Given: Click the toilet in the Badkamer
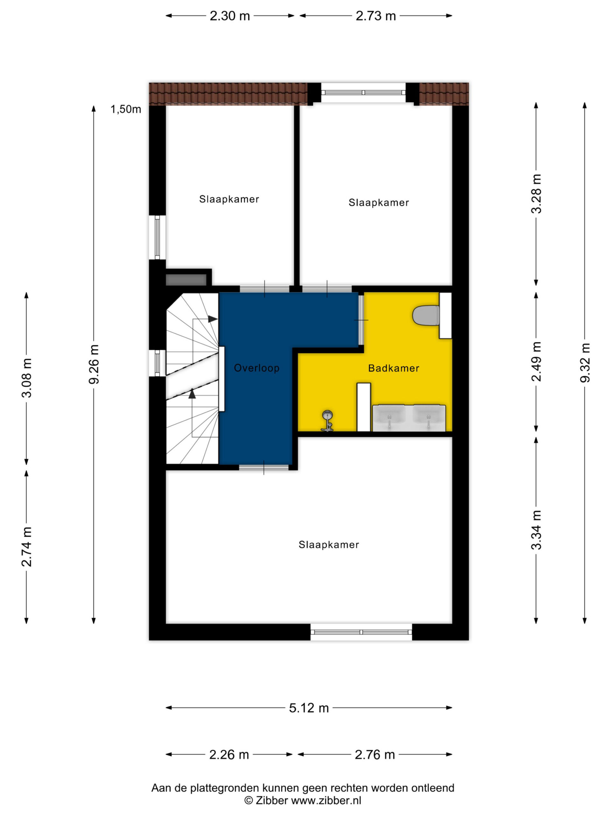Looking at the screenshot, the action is click(426, 315).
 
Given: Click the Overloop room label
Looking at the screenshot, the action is click(257, 368).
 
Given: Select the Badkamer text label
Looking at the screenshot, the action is click(394, 368).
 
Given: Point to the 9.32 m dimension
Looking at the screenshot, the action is click(585, 363).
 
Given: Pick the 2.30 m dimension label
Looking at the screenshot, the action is click(230, 16).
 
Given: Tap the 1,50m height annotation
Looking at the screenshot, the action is click(126, 109).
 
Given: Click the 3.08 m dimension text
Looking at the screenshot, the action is click(27, 378).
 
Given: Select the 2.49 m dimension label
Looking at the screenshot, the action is click(537, 361).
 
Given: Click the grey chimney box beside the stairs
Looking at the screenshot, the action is click(186, 279).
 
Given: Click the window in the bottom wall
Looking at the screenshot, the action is click(361, 632).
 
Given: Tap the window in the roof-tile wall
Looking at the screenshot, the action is click(363, 92).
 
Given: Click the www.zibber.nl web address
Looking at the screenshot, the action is click(326, 800).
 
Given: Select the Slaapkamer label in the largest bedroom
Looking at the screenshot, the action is click(328, 545).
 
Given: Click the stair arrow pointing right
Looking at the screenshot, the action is click(213, 319).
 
